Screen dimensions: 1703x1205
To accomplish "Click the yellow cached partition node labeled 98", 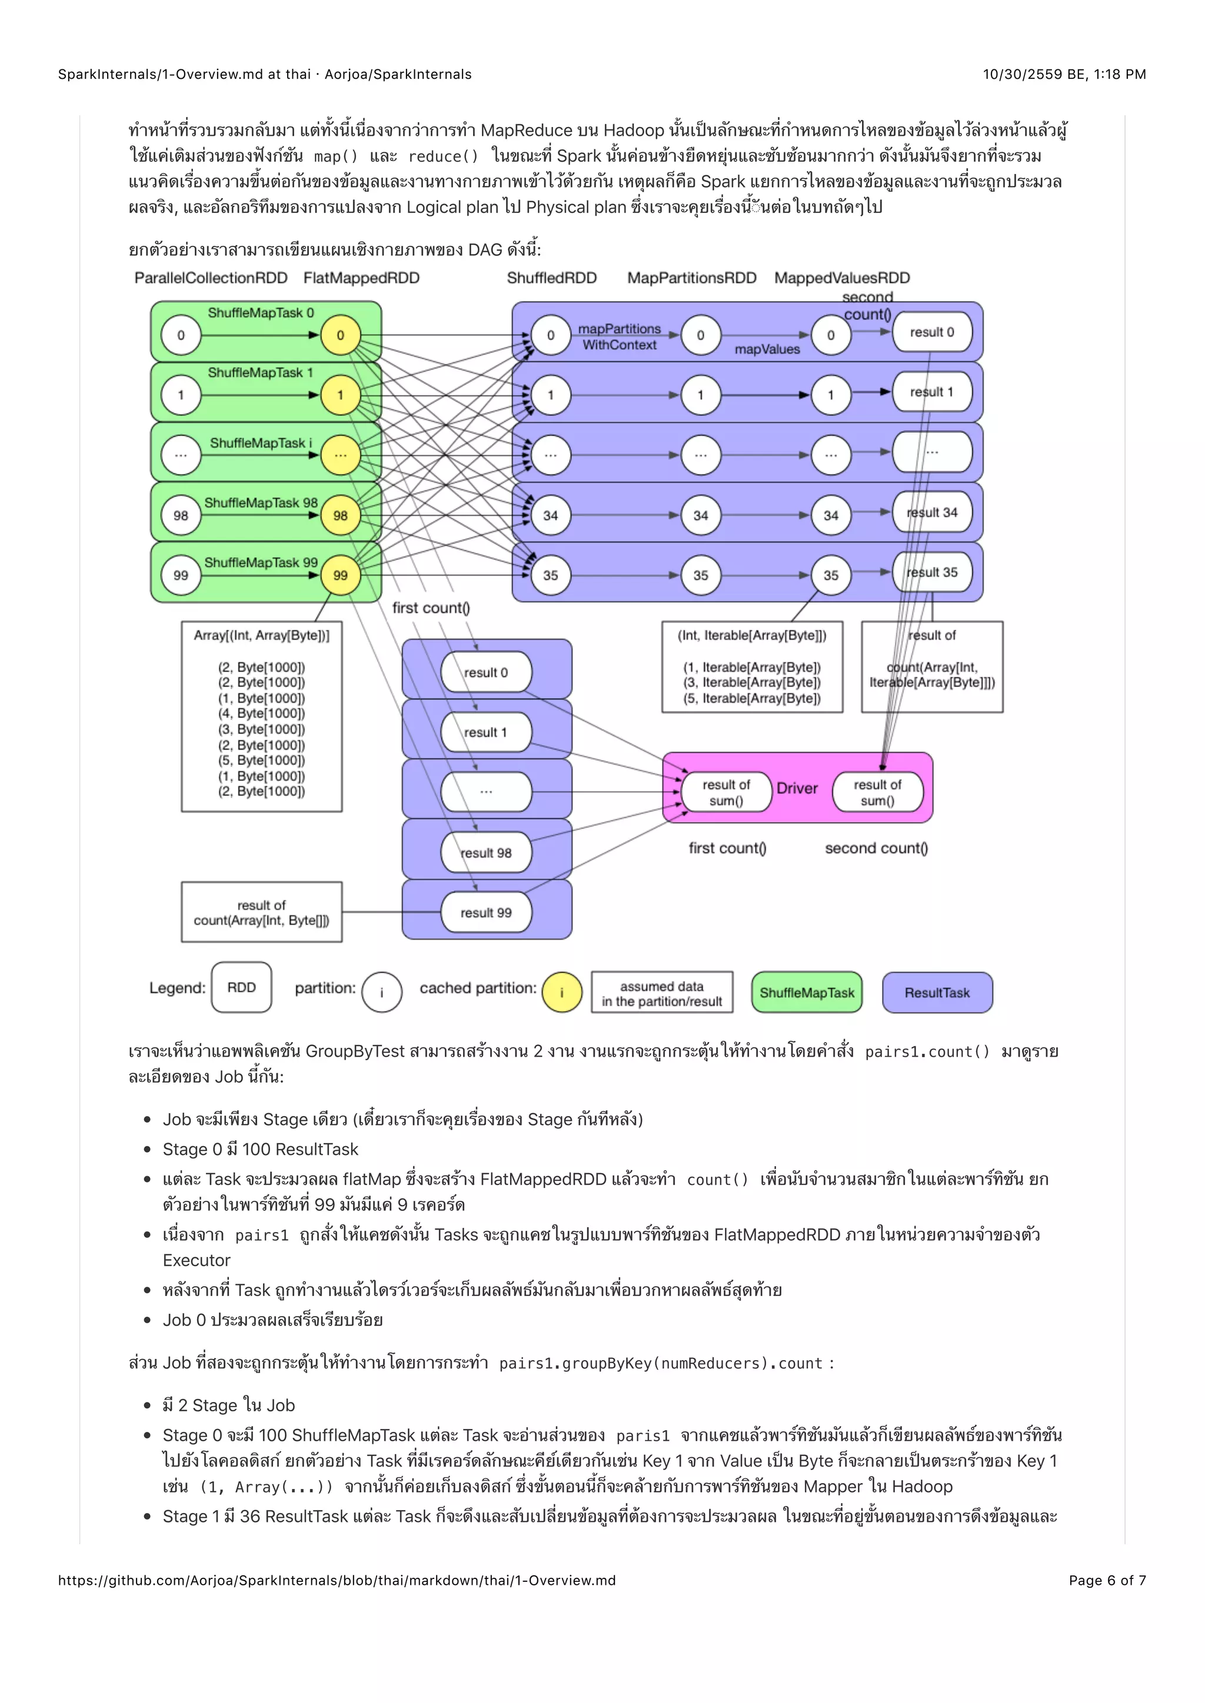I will pos(340,516).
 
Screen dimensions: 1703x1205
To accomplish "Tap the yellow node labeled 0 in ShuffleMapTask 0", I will pos(340,335).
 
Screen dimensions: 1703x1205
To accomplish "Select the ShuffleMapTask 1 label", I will pos(261,372).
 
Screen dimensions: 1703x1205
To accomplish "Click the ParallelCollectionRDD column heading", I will pos(211,278).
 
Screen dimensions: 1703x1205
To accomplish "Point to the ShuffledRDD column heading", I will pos(551,278).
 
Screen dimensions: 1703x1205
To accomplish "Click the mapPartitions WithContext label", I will pos(619,337).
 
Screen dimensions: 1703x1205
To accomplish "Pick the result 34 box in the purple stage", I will pos(932,513).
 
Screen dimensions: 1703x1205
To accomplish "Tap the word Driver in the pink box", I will pos(797,789).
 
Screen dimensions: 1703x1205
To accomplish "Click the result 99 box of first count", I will pos(486,913).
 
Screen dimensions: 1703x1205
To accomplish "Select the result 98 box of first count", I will pos(486,853).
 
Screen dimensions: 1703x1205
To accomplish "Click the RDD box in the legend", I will pos(241,988).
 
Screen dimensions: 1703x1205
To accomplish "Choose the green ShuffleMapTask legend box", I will pos(807,993).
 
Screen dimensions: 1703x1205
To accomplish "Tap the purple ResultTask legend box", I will pos(937,993).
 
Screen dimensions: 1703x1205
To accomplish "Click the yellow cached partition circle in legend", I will pos(562,993).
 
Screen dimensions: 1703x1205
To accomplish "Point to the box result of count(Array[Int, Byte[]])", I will pos(261,912).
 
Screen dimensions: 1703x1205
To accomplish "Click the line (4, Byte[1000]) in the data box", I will pos(261,713).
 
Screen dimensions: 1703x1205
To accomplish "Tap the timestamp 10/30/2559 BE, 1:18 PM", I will pos(1064,74).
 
